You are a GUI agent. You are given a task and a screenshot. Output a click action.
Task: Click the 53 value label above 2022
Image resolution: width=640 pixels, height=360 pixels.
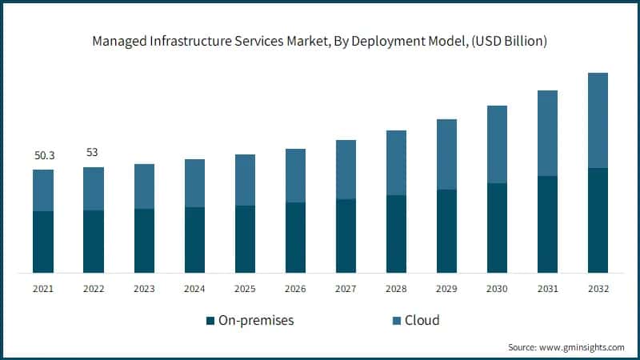[94, 152]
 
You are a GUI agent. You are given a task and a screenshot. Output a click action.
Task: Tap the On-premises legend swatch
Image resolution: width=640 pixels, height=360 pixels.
[210, 321]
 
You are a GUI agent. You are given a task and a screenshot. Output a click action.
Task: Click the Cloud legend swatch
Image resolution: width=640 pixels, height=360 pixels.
[394, 321]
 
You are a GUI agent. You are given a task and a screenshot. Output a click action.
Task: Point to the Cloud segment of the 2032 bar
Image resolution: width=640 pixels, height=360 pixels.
[598, 120]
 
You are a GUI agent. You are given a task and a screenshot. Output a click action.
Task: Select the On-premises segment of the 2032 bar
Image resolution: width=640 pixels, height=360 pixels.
[598, 220]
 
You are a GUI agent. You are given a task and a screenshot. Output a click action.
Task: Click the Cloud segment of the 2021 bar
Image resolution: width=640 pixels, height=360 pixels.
[43, 190]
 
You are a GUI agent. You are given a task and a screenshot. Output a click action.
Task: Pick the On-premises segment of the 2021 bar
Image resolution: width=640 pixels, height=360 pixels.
[43, 242]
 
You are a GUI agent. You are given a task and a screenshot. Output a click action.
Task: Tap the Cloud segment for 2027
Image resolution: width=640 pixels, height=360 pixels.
[346, 170]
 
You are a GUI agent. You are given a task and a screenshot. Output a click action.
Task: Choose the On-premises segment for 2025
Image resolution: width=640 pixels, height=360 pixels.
[245, 238]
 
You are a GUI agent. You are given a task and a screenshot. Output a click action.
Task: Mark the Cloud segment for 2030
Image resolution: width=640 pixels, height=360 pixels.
[498, 144]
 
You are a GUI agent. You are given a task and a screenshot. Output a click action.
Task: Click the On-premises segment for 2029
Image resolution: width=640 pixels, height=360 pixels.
[447, 230]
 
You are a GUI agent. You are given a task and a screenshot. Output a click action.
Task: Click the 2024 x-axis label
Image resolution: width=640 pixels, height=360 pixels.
[194, 288]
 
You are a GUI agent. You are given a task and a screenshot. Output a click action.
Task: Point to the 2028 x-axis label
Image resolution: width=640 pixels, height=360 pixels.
[397, 288]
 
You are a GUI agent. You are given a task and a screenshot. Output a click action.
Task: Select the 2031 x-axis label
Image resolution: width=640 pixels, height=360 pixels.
[548, 288]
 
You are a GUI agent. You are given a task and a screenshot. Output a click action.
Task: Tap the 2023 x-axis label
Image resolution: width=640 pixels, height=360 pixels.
[144, 288]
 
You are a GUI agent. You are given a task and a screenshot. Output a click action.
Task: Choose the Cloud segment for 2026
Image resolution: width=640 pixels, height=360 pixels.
[296, 175]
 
